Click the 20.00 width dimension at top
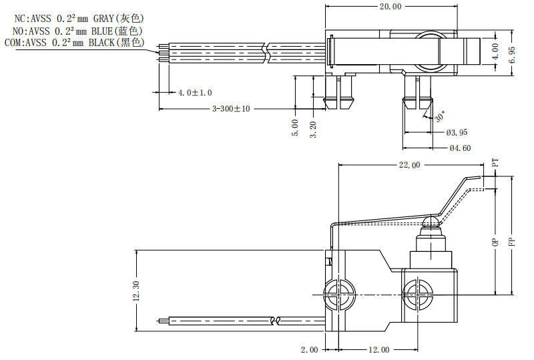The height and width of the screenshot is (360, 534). [390, 7]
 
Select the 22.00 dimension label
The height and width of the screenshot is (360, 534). [409, 165]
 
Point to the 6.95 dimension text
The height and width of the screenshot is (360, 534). [512, 53]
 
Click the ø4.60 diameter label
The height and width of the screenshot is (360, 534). [459, 148]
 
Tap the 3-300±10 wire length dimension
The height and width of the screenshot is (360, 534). [230, 109]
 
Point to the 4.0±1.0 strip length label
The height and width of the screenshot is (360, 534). [194, 92]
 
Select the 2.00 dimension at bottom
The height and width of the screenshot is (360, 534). [309, 350]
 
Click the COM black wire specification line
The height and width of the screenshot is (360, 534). [73, 43]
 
